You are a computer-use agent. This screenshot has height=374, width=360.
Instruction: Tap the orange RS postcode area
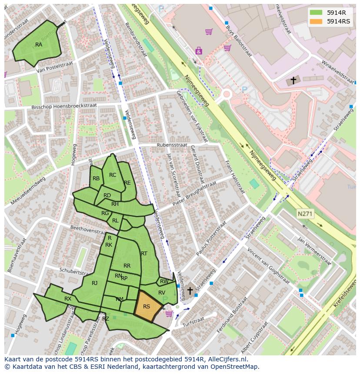[147, 306]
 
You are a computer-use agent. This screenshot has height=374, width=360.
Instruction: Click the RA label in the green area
[39, 45]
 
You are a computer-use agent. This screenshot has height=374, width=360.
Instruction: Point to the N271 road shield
[305, 214]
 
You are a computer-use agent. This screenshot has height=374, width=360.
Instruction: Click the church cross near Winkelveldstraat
[293, 80]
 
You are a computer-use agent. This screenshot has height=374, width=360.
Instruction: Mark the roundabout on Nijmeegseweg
[226, 94]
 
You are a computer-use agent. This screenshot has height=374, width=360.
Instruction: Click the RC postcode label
[113, 175]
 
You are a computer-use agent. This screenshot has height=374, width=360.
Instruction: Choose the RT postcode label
[144, 254]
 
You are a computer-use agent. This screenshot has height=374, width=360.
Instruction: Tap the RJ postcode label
[94, 283]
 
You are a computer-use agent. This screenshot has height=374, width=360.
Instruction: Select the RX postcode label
[68, 299]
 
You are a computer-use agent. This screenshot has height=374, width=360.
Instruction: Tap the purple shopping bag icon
[199, 51]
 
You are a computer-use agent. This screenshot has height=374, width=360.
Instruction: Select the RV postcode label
[162, 293]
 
